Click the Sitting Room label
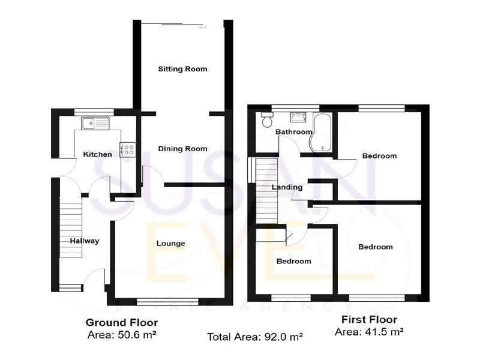coord(182,69)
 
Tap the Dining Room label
coord(182,149)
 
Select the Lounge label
coord(170,244)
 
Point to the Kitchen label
coord(97,154)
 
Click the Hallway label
coord(84,241)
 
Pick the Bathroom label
coord(293,132)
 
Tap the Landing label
coord(287,187)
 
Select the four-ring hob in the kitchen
coord(128,149)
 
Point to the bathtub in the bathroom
coord(320,133)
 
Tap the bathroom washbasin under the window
coord(297,117)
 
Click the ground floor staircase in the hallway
coord(70,228)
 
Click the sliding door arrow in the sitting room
coord(203,27)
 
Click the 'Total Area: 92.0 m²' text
coord(255,337)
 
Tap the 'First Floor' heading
coord(369,319)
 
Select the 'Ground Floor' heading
coord(121,321)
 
